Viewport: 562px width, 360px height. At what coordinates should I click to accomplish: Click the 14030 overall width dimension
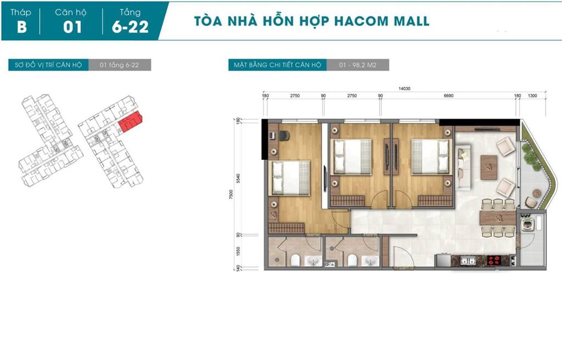(404, 88)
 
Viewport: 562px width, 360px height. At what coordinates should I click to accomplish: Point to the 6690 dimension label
(448, 95)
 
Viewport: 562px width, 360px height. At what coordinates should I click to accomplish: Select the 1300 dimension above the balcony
(532, 95)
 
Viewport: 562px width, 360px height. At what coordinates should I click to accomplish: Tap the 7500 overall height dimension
(231, 194)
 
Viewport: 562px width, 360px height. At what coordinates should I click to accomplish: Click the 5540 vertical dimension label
(238, 178)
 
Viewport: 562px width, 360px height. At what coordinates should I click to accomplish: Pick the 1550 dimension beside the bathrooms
(238, 251)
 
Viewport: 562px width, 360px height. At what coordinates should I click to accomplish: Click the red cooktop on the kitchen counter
(494, 260)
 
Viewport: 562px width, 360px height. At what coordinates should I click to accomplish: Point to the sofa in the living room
(463, 167)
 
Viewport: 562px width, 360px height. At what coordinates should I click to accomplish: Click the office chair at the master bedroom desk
(284, 136)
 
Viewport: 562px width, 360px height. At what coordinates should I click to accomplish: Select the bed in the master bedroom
(291, 178)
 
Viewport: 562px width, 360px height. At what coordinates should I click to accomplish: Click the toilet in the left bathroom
(295, 260)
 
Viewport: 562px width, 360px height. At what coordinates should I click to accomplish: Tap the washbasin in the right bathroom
(369, 261)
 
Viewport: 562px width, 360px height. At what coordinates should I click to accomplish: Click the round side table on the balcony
(537, 193)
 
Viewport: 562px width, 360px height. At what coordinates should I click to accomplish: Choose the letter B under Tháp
(21, 27)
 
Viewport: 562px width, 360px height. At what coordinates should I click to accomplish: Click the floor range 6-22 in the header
(130, 27)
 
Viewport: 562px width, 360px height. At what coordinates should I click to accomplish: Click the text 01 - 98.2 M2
(357, 65)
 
